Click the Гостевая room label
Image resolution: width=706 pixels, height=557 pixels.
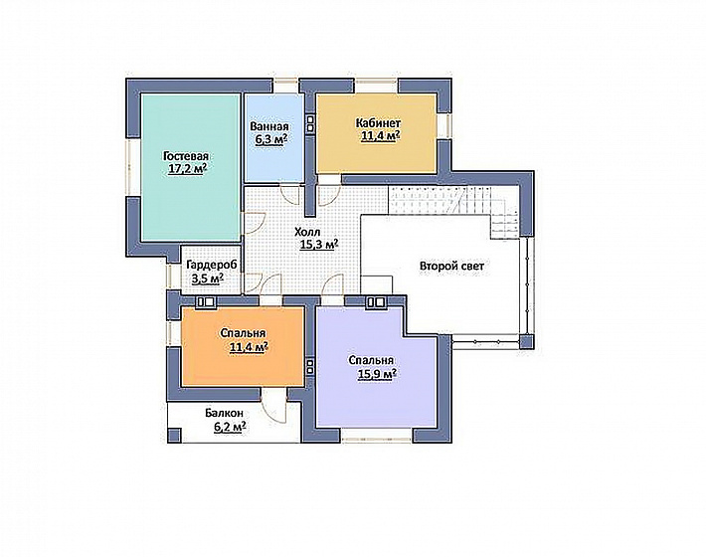pos(186,156)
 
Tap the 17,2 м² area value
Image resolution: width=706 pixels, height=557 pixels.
pos(187,169)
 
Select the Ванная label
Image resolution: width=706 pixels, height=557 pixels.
pos(269,126)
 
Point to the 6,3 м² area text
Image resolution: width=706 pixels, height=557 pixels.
pos(271,138)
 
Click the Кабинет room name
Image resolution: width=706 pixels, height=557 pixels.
pos(378,123)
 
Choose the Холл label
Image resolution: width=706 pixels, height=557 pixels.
pos(307,233)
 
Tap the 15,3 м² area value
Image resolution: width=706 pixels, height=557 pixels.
pos(319,245)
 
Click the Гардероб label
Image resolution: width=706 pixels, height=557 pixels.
pos(211,265)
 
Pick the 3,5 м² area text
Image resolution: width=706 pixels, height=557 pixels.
pos(208,278)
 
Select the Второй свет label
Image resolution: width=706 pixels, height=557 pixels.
pos(451,267)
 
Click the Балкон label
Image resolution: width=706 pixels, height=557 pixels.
pos(224,413)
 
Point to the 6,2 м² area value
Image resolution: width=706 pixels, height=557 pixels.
pos(230,426)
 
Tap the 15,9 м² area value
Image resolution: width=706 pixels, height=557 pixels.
pos(377,374)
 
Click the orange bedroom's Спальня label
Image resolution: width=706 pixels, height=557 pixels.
pos(244,333)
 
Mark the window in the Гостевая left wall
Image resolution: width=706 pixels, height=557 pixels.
pos(133,166)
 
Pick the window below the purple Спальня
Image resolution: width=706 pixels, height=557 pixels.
pos(377,436)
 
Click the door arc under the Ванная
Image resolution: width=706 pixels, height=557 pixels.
pos(290,194)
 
